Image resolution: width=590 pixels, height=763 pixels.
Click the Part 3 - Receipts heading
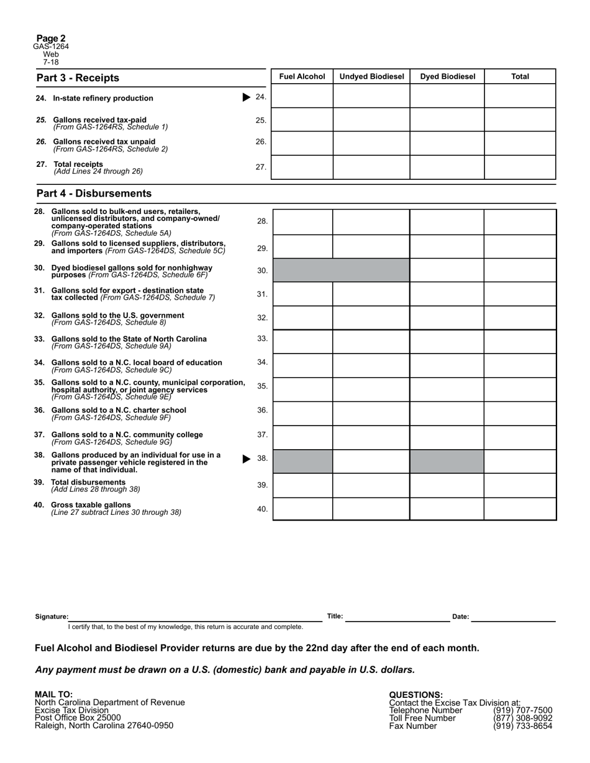tap(78, 78)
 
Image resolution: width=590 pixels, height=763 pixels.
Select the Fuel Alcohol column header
tap(302, 77)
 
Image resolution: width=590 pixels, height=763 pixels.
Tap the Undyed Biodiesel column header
tap(371, 77)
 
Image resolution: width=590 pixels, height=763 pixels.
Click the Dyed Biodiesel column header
tap(447, 77)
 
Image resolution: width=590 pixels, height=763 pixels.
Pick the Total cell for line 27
tap(520, 167)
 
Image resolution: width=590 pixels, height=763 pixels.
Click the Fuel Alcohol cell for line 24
tap(302, 96)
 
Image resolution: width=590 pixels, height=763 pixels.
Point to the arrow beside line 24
tap(247, 97)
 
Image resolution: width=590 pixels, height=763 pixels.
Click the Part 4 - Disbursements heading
tap(94, 194)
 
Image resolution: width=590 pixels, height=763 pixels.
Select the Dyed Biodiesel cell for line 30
tap(447, 270)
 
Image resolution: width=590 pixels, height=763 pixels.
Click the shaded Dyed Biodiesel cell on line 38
tap(447, 462)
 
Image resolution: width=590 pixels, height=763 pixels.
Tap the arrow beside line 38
tap(247, 458)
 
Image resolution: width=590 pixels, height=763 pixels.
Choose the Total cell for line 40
tap(520, 509)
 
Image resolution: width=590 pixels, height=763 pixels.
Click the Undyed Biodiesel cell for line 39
tap(371, 486)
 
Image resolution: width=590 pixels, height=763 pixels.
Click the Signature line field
tap(195, 616)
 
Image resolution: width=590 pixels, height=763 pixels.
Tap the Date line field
tap(513, 616)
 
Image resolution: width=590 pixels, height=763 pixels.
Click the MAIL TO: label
tap(54, 694)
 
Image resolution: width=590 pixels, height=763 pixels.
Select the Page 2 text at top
tap(51, 38)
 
